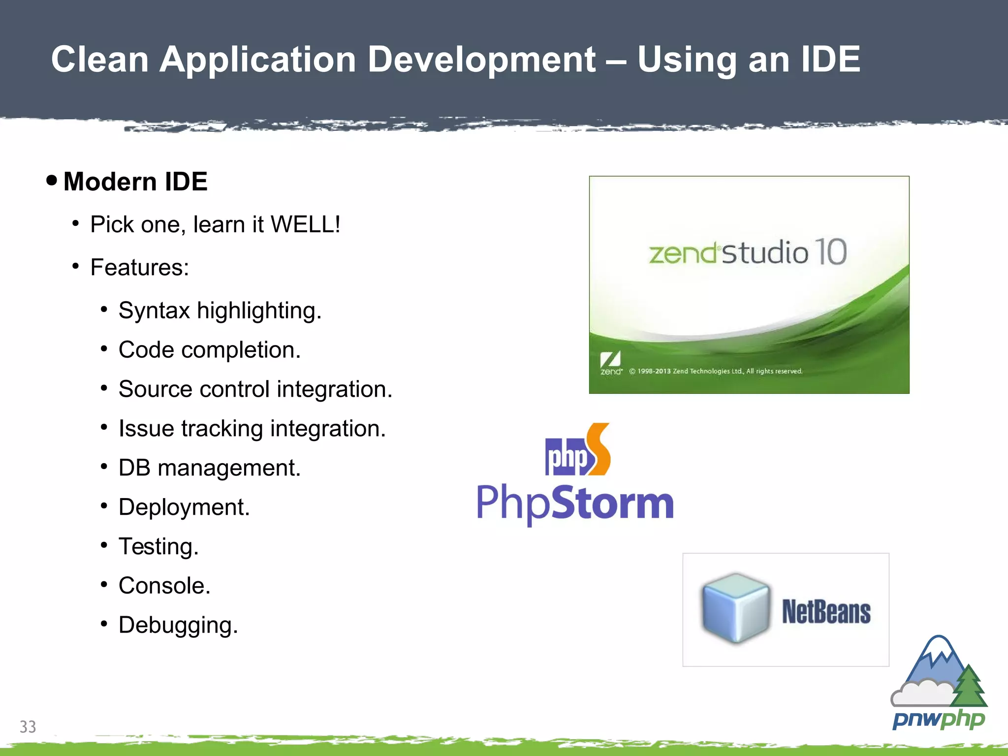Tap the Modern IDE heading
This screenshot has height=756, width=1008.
coord(135,182)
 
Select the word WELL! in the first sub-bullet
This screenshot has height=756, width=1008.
coord(305,224)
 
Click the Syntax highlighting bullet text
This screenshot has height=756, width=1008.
coord(220,311)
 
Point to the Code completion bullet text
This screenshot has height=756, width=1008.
coord(209,350)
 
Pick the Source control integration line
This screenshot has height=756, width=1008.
coord(255,389)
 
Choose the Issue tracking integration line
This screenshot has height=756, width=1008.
coord(252,429)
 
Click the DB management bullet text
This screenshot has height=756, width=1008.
coord(209,468)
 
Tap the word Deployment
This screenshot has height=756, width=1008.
coord(184,507)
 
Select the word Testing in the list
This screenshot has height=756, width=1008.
coord(158,547)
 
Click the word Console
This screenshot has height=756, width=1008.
coord(164,586)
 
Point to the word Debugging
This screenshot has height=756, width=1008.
coord(178,626)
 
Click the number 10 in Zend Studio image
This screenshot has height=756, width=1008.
coord(830,252)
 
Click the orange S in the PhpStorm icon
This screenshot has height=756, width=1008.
coord(599,449)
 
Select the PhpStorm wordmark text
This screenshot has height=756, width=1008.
coord(575,503)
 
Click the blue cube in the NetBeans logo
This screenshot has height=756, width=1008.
coord(735,608)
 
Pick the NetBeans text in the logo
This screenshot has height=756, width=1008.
coord(826,612)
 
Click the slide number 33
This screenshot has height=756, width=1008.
coord(28,726)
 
